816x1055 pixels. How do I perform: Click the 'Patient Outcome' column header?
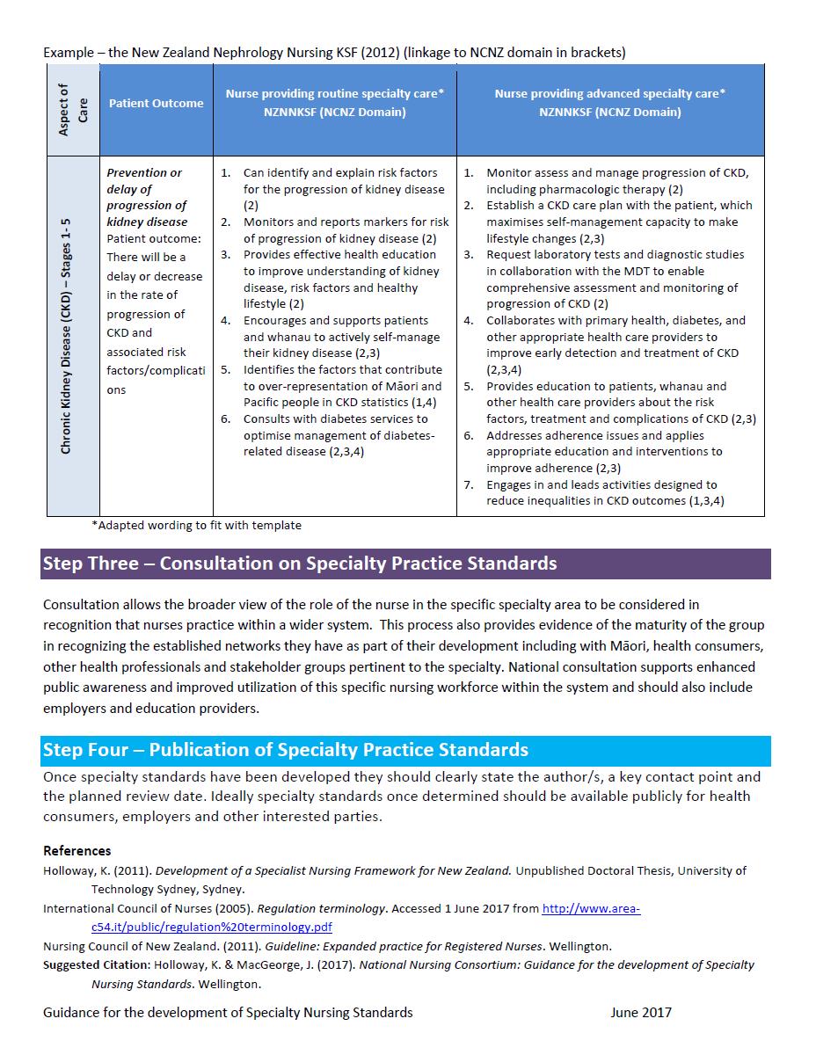click(x=156, y=103)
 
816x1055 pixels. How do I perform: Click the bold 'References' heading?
click(x=77, y=851)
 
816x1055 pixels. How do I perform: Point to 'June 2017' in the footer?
click(x=640, y=1012)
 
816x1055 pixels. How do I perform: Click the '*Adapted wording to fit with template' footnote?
click(x=196, y=526)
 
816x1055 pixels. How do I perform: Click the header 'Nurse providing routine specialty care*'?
click(x=335, y=93)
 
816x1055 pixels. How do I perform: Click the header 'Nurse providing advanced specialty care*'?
click(x=609, y=93)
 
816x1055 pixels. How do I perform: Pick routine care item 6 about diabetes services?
click(x=338, y=435)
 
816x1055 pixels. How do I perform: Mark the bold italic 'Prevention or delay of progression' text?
click(x=147, y=197)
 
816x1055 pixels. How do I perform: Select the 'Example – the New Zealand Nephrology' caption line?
click(x=334, y=53)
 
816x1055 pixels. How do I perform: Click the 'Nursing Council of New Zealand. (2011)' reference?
click(x=327, y=946)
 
